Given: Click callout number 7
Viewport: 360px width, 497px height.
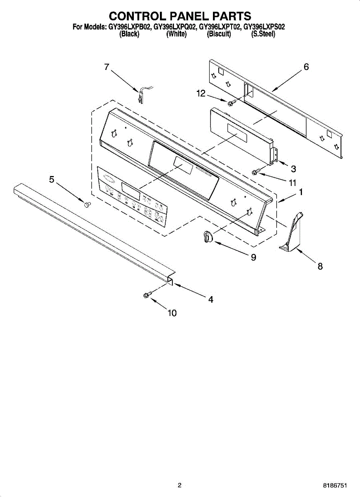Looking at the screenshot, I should (106, 67).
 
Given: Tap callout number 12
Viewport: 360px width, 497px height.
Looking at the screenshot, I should (201, 94).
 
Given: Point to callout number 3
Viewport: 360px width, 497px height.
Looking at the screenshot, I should (293, 169).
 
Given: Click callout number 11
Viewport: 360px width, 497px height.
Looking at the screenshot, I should (292, 182).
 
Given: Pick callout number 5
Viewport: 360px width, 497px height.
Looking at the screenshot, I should (52, 179).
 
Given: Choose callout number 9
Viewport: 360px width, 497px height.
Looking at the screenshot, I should (253, 257).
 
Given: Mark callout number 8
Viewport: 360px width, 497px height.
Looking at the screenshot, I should (320, 266).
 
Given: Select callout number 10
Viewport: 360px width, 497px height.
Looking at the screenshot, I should (172, 313).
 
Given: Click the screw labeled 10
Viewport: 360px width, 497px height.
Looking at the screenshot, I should (147, 295).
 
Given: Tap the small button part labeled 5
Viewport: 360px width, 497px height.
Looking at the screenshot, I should (87, 204).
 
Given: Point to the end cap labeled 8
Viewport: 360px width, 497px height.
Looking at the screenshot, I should (292, 234).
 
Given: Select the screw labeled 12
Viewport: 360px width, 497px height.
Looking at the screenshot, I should (231, 101).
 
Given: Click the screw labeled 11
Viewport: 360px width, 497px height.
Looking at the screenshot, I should (256, 171).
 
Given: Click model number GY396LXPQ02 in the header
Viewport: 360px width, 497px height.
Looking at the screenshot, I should (175, 27).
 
